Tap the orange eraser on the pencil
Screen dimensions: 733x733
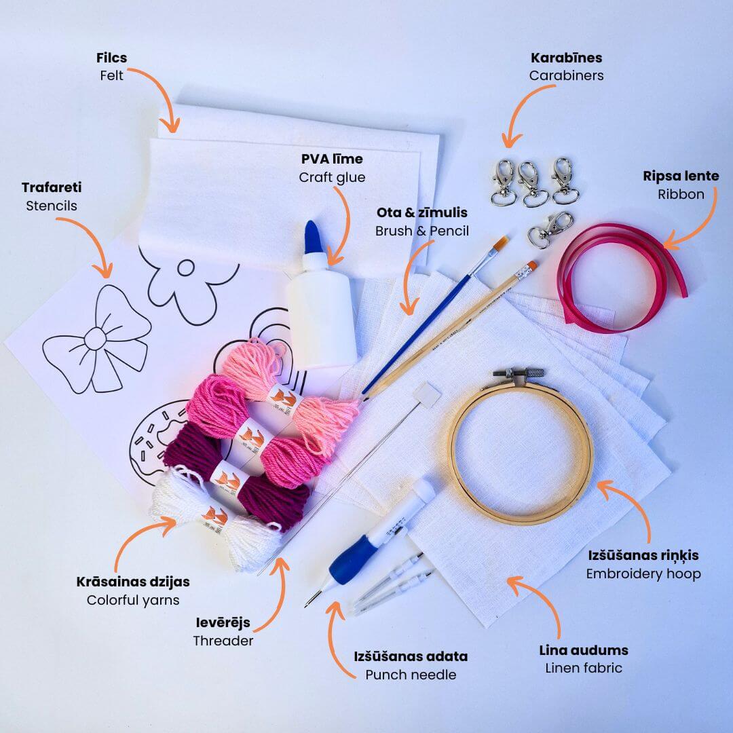point(531,267)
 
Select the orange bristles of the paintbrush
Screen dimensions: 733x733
point(501,242)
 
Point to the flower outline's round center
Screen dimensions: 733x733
point(185,268)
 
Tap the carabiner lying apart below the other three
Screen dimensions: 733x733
point(550,229)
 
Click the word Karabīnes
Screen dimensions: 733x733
point(566,58)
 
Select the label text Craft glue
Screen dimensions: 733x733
point(332,178)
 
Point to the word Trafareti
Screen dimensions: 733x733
point(52,187)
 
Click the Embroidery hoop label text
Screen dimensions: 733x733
point(643,574)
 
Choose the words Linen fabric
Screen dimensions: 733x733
point(584,668)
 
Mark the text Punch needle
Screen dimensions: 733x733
point(411,675)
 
